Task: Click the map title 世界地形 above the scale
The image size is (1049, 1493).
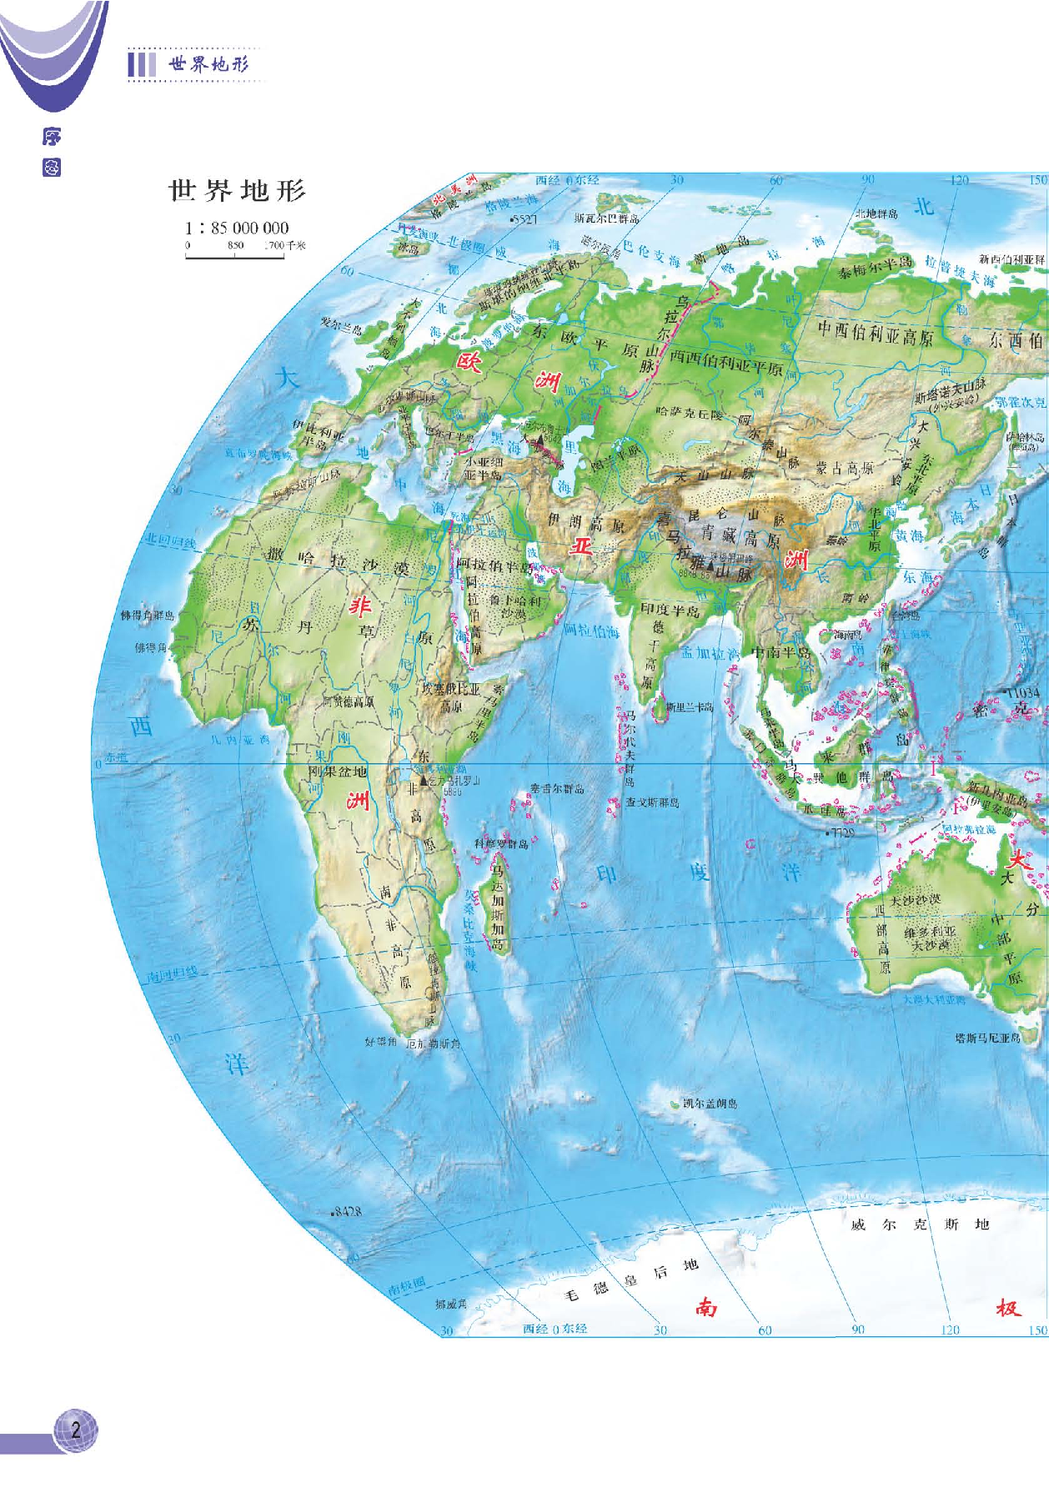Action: click(x=238, y=191)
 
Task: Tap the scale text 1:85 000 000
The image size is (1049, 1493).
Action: click(x=237, y=228)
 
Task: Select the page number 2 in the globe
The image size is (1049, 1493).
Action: click(x=76, y=1430)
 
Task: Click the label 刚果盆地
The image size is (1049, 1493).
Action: click(x=338, y=772)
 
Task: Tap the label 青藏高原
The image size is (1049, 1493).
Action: click(x=737, y=538)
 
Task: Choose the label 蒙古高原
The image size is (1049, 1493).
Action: click(x=845, y=468)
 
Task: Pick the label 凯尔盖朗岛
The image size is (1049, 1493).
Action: click(x=710, y=1103)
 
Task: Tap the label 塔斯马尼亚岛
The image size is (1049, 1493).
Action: click(x=987, y=1038)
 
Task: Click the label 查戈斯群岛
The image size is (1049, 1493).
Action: click(x=653, y=802)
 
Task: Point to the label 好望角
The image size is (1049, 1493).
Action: click(x=380, y=1042)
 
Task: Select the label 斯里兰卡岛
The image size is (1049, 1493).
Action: click(x=690, y=707)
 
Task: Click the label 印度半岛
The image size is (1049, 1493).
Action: click(x=670, y=610)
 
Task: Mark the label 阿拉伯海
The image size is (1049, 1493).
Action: click(x=591, y=630)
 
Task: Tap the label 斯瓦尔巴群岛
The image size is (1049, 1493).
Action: click(x=606, y=219)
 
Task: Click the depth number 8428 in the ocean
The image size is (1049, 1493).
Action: click(x=347, y=1211)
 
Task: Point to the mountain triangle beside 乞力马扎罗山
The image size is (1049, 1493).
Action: click(x=423, y=782)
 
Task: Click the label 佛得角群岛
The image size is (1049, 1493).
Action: click(x=147, y=616)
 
